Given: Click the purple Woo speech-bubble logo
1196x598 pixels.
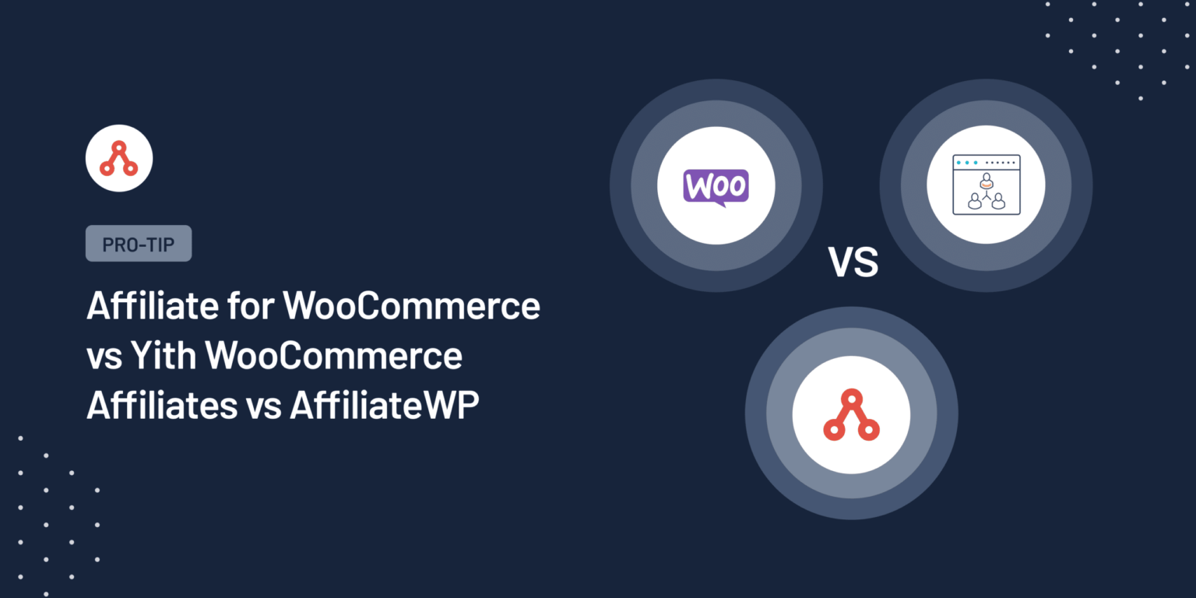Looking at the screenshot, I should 716,188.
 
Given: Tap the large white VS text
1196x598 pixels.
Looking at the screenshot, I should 853,262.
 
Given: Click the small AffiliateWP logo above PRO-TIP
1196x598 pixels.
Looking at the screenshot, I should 118,158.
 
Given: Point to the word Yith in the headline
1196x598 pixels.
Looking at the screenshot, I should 163,356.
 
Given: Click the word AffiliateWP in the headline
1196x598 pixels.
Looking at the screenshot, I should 385,406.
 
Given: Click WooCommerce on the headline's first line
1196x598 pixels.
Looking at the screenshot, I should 411,306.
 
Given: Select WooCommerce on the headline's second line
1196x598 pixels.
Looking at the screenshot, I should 334,356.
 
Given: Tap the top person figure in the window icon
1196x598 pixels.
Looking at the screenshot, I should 986,181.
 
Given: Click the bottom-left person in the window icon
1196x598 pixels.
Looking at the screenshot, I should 973,202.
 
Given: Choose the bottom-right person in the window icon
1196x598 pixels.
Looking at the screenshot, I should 998,202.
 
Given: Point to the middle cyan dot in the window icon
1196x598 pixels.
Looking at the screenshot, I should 967,163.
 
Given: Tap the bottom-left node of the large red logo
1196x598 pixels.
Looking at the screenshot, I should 834,430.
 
